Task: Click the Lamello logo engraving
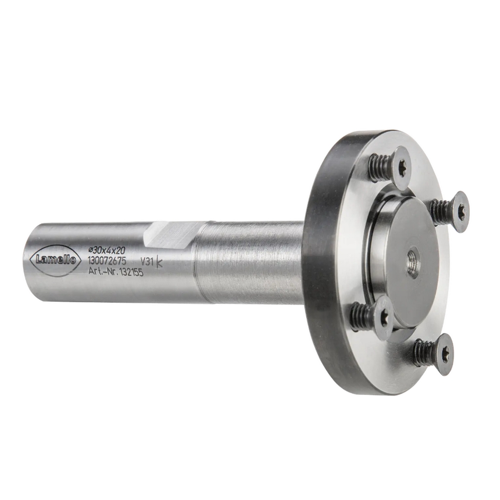[54, 260]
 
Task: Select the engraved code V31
[147, 262]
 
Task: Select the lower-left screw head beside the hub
[384, 315]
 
